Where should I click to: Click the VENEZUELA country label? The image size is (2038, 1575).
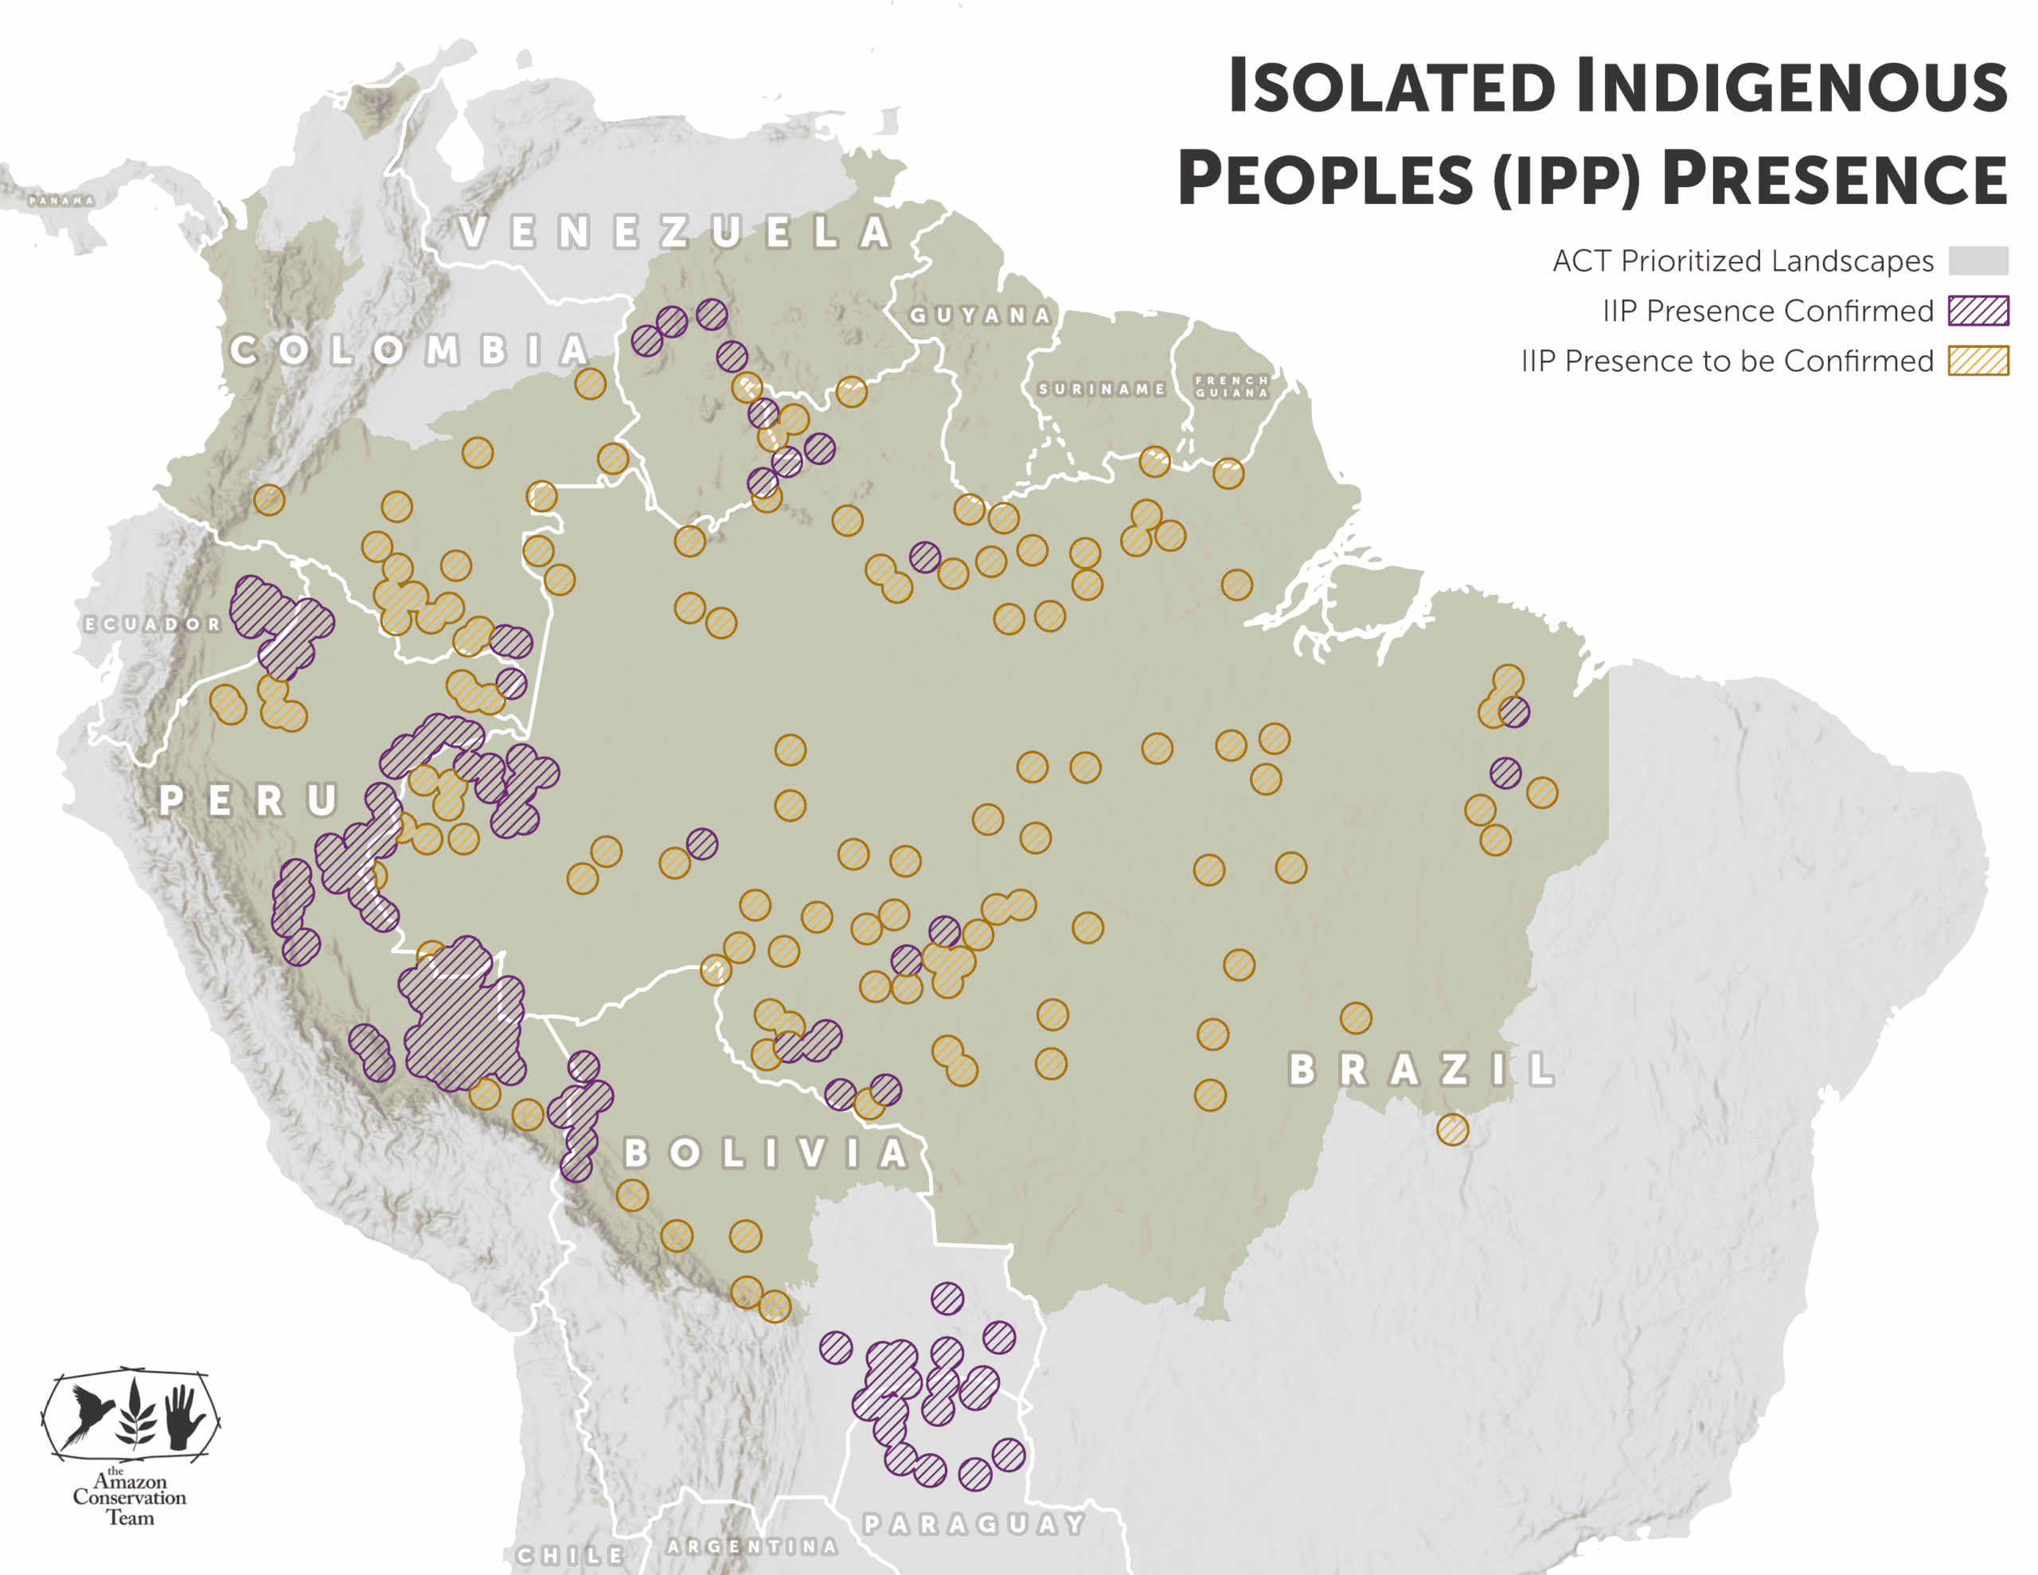(x=674, y=233)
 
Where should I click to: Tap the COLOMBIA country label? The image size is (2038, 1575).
(x=410, y=350)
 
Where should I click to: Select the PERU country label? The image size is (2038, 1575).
(x=249, y=800)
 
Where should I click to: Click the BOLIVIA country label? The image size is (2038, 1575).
(x=765, y=1154)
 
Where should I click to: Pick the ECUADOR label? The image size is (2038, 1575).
(x=152, y=623)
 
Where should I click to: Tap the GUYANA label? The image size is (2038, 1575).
(x=980, y=315)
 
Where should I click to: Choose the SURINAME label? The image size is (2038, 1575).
(x=1101, y=389)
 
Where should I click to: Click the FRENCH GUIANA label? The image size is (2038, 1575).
(x=1232, y=386)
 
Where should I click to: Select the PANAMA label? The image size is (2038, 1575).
(x=61, y=201)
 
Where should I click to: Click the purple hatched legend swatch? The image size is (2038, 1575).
(x=1977, y=311)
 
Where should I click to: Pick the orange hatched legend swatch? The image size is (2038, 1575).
(x=1977, y=361)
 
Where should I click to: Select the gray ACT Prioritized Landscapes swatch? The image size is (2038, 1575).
(x=1977, y=260)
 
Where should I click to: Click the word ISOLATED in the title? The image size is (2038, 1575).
(x=1391, y=87)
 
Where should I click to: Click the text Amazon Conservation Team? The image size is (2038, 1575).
(x=130, y=1498)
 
